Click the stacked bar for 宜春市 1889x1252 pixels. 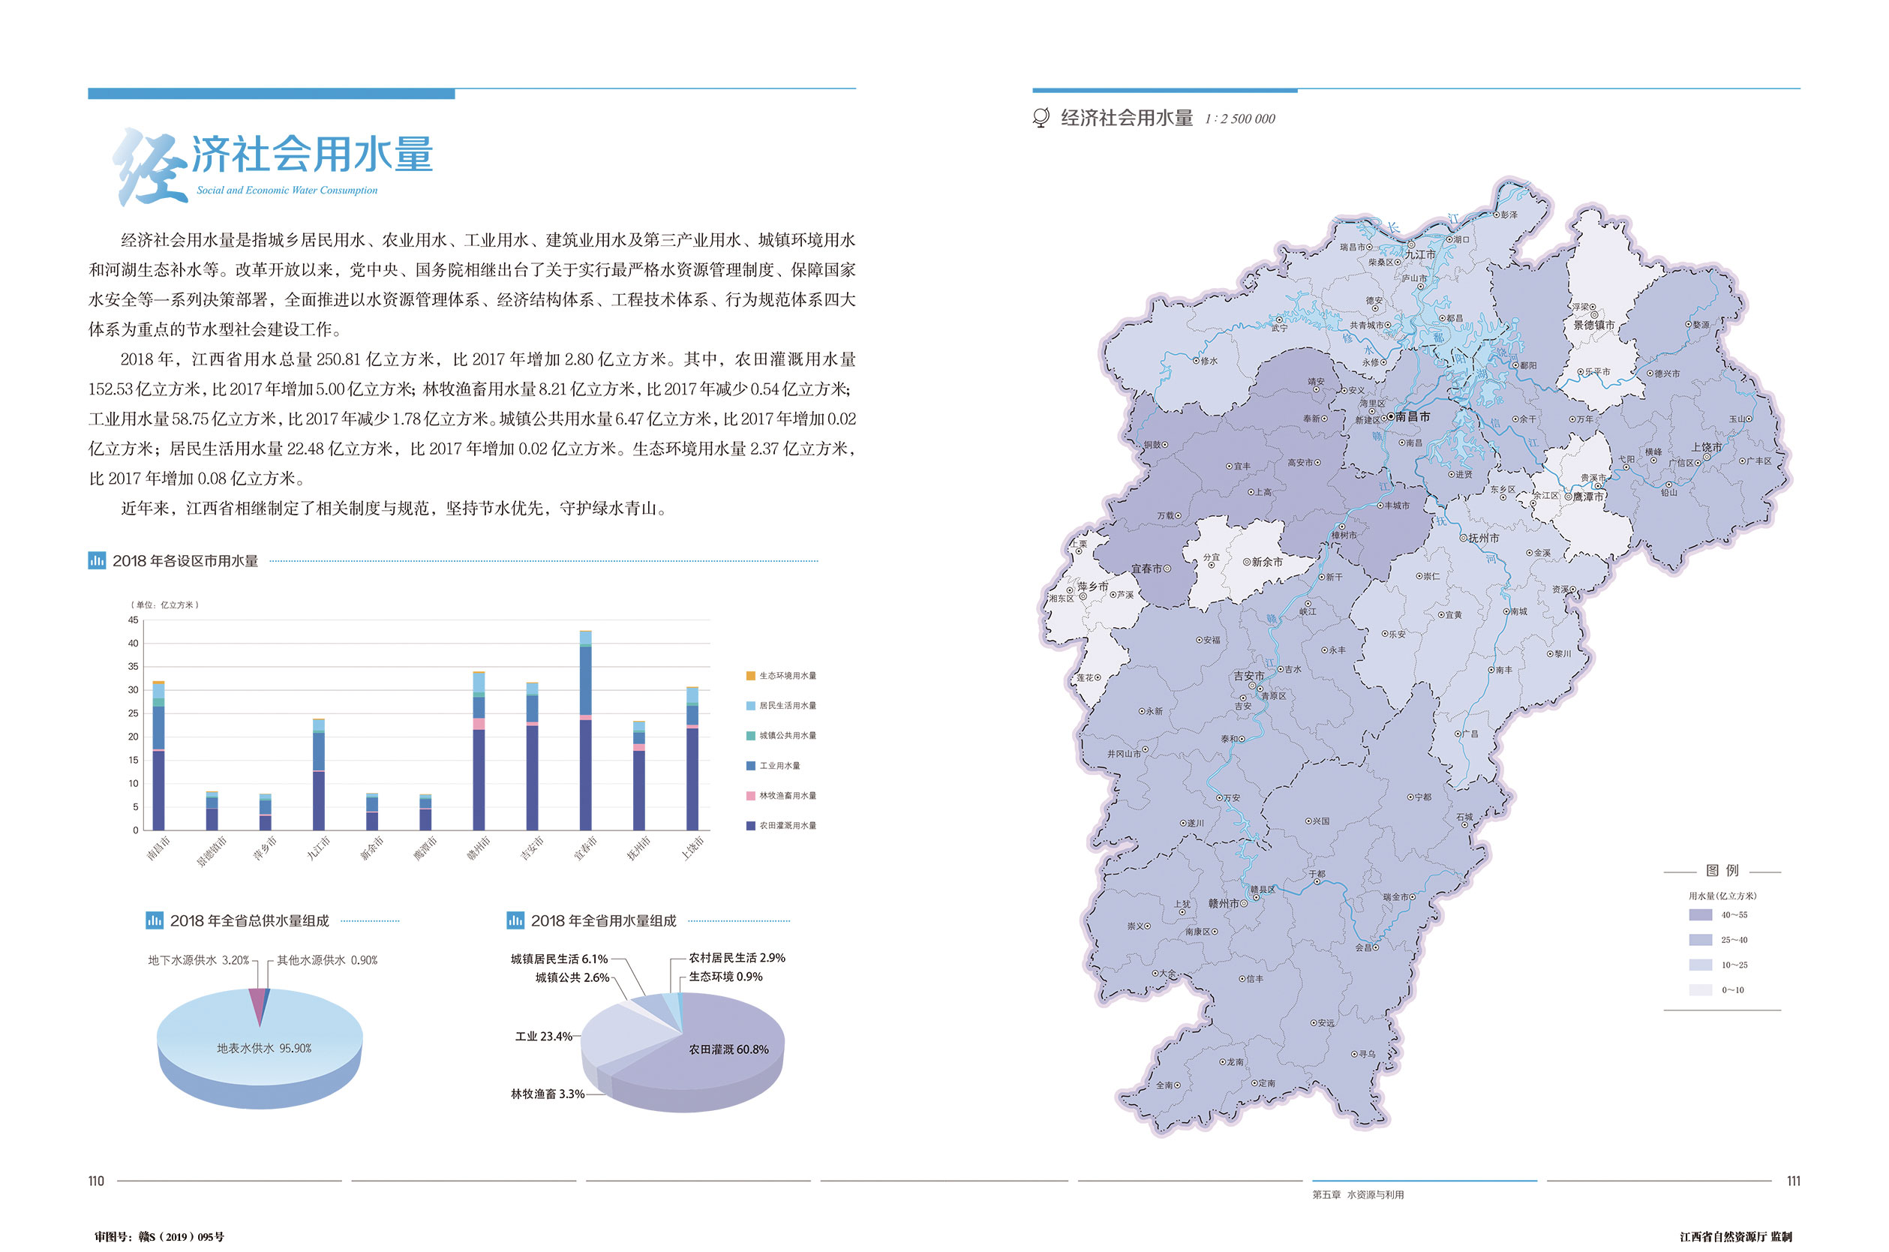click(585, 731)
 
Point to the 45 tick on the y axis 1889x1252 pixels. click(134, 620)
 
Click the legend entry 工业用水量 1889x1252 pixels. click(779, 766)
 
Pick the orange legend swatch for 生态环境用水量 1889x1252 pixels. click(750, 675)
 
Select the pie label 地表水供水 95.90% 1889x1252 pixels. click(263, 1049)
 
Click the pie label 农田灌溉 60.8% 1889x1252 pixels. click(728, 1049)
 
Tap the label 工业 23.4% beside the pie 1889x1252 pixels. click(543, 1037)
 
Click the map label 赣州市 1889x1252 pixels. click(1223, 903)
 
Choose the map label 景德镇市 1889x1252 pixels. click(1593, 325)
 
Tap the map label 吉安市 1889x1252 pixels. click(1248, 675)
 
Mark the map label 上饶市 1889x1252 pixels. click(1706, 447)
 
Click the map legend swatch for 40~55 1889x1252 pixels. click(1700, 915)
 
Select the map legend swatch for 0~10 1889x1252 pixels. click(1700, 990)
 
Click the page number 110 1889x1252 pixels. click(96, 1181)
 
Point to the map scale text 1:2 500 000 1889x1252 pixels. click(1239, 119)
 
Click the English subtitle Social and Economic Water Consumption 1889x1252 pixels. click(287, 190)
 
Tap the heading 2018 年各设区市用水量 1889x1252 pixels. click(185, 561)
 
